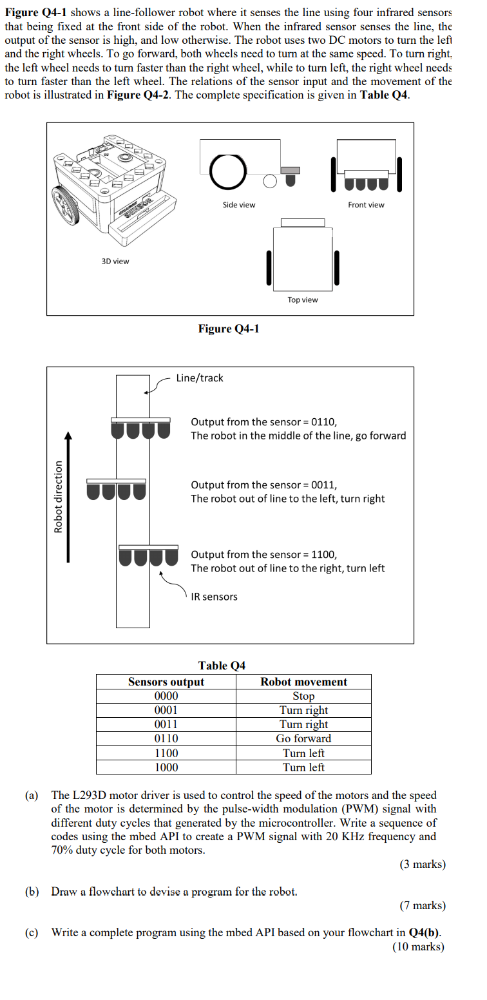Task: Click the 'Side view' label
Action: coord(238,205)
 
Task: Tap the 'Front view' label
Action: coord(366,205)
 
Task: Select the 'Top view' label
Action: coord(302,300)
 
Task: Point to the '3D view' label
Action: coord(115,261)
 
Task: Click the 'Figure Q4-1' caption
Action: coord(229,329)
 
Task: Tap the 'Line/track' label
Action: coord(200,378)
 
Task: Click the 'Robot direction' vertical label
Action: coord(58,496)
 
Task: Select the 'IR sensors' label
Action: coord(215,597)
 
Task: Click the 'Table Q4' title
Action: coord(222,665)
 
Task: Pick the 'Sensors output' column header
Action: coord(166,682)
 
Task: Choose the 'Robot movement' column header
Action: coord(303,682)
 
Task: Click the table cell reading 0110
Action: coord(166,738)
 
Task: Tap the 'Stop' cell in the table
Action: coord(303,696)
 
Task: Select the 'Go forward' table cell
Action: coord(303,738)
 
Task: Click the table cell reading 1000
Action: coord(166,767)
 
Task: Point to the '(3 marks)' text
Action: coord(422,864)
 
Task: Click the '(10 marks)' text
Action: coord(419,947)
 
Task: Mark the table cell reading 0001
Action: coord(166,710)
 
